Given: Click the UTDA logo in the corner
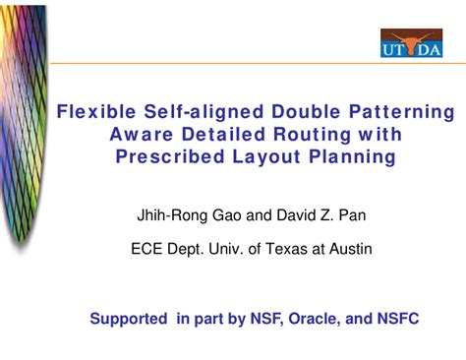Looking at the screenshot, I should coord(411,43).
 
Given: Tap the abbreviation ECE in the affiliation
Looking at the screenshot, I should coord(147,249).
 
